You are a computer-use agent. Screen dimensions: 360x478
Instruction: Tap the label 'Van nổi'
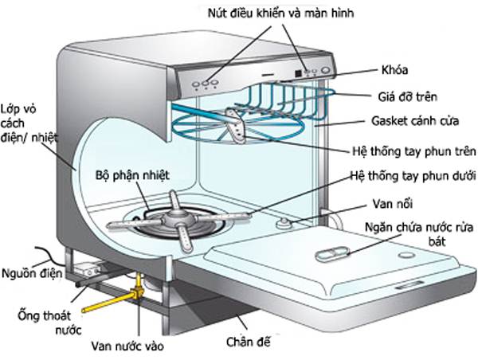click(388, 202)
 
